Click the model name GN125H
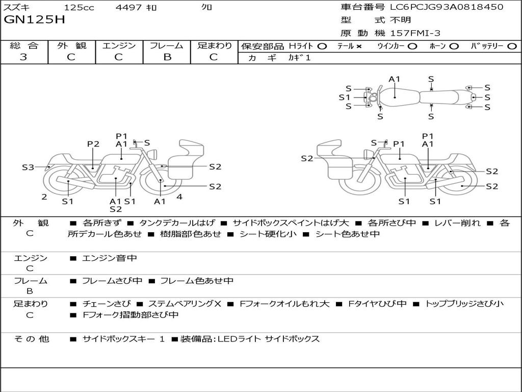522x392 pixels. [x=34, y=20]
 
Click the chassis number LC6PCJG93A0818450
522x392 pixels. [x=447, y=7]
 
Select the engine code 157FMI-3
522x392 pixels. [x=415, y=33]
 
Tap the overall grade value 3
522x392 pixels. [x=23, y=57]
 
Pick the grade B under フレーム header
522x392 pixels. [x=167, y=57]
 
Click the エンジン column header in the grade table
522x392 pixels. [x=119, y=45]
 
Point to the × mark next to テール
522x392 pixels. [x=358, y=46]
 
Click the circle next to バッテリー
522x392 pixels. [x=512, y=46]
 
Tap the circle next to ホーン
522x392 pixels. [x=454, y=46]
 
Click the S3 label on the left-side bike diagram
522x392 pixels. [x=28, y=167]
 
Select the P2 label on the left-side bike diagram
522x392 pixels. [x=93, y=144]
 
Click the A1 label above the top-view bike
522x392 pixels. [x=394, y=79]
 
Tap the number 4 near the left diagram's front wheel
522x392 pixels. [x=179, y=197]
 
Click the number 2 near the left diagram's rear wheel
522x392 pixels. [x=44, y=197]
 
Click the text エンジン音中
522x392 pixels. [x=109, y=258]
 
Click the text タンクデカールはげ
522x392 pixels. [x=177, y=223]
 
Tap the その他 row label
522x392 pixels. [x=32, y=339]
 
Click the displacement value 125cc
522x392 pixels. [x=79, y=7]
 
